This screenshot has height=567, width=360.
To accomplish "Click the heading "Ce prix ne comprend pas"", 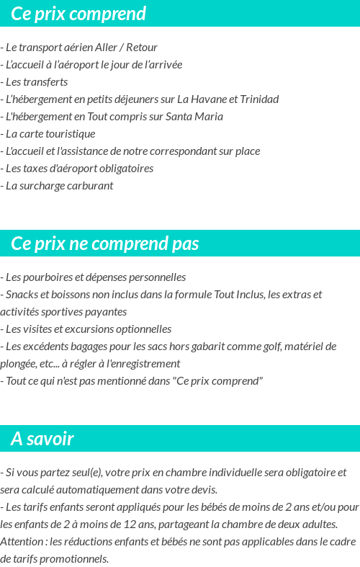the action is click(x=104, y=244).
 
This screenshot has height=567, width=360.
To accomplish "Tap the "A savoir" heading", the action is click(x=42, y=439).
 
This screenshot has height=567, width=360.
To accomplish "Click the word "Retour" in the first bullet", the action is click(x=142, y=48).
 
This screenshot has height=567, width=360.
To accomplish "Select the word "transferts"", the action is click(x=46, y=82).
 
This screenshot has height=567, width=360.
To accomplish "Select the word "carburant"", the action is click(x=89, y=186).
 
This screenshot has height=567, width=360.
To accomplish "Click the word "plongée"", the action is click(x=21, y=364).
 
